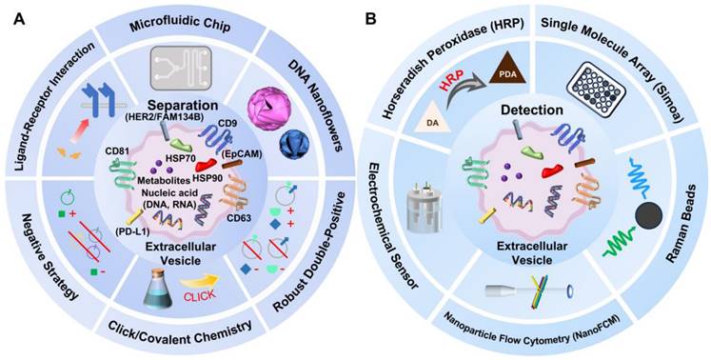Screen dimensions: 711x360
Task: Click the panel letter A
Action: pyautogui.click(x=19, y=19)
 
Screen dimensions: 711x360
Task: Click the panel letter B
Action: pyautogui.click(x=371, y=19)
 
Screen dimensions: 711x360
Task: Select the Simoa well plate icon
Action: pyautogui.click(x=596, y=88)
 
